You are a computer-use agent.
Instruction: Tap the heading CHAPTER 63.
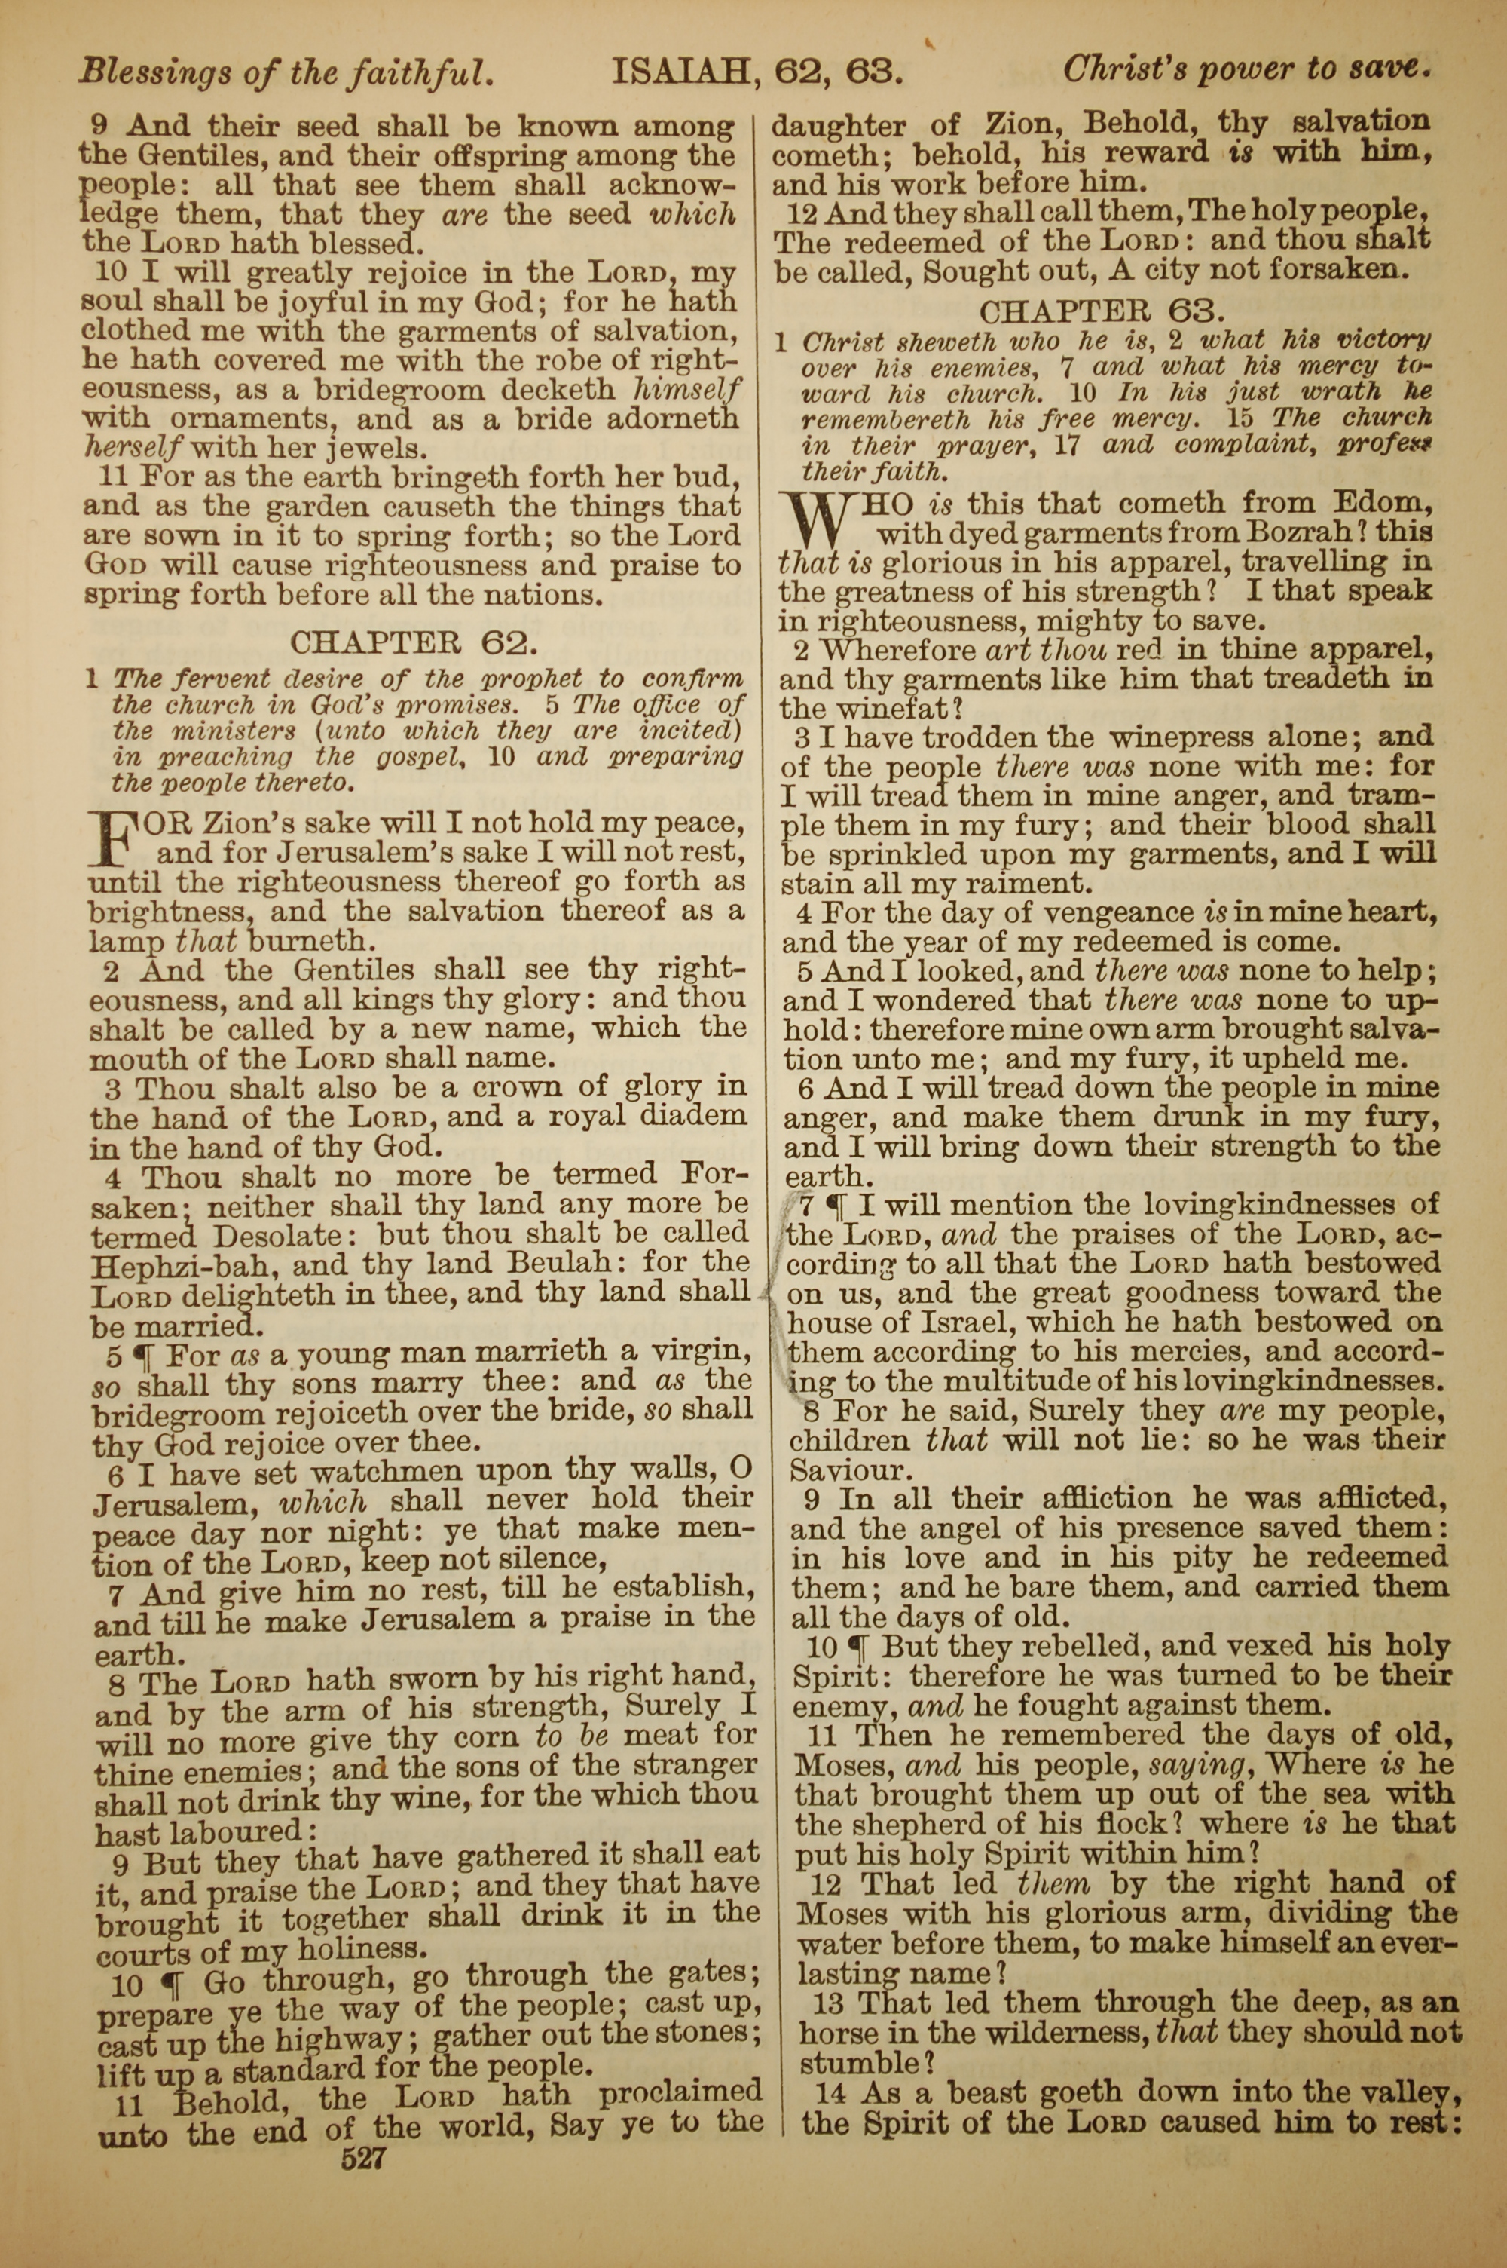pyautogui.click(x=1102, y=311)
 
